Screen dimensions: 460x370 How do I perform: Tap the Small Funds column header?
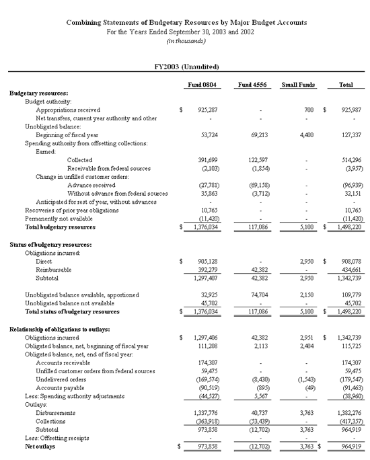click(297, 85)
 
